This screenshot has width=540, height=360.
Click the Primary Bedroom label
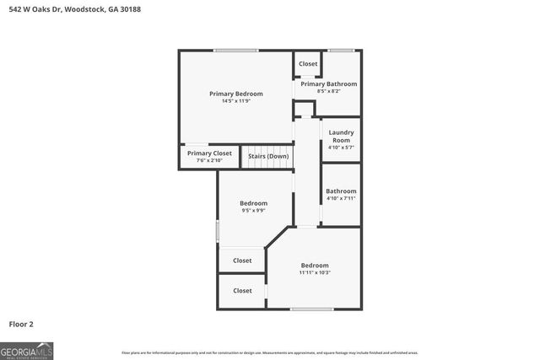tap(236, 93)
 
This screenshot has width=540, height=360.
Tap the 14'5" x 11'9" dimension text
tap(236, 101)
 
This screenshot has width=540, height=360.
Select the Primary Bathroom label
tap(329, 83)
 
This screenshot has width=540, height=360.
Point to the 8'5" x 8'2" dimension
tap(329, 91)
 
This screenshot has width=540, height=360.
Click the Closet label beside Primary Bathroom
tap(308, 64)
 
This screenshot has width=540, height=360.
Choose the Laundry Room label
tap(341, 136)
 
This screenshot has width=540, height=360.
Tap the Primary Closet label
tap(209, 153)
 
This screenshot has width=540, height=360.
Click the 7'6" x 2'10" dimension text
tap(209, 160)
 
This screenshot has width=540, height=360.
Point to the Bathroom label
tap(341, 191)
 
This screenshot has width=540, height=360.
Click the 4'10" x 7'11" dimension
tap(341, 198)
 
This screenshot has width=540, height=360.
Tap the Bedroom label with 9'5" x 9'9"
tap(253, 203)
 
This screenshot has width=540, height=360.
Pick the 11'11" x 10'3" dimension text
tap(315, 272)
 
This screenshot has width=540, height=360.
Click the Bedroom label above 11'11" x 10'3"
tap(315, 265)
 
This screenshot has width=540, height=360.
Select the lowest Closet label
tap(242, 291)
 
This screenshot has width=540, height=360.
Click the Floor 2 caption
tap(21, 323)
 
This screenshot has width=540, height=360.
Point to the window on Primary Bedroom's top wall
tap(235, 51)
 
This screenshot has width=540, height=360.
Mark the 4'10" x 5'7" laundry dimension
tap(341, 148)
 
